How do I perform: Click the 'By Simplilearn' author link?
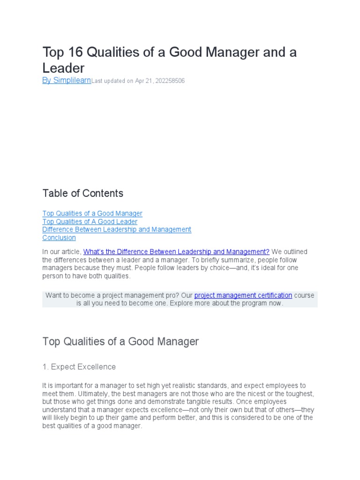click(67, 80)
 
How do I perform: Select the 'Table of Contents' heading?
click(83, 193)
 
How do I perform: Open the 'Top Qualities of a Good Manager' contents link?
click(92, 213)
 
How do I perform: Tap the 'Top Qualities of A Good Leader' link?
click(90, 221)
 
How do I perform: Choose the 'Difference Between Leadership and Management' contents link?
click(117, 229)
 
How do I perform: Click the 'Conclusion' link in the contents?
click(59, 238)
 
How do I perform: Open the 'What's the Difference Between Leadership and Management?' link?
click(176, 252)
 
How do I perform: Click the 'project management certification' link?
click(243, 295)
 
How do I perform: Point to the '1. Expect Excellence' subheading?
click(79, 367)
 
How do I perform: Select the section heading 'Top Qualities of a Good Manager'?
click(120, 341)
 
